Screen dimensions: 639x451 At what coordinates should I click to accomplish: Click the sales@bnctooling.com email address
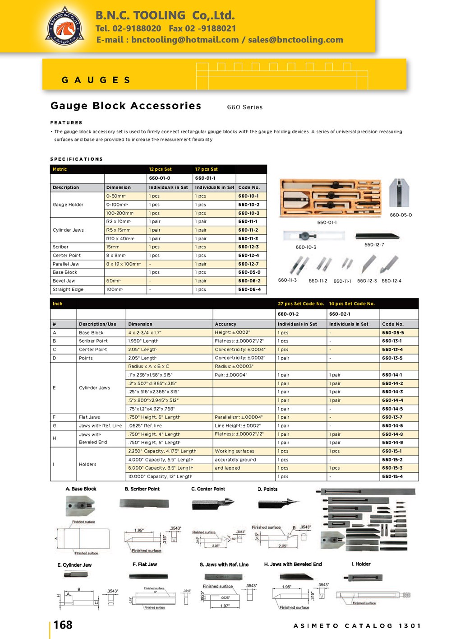tap(295, 40)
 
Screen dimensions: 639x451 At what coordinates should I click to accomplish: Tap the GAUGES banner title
tap(96, 80)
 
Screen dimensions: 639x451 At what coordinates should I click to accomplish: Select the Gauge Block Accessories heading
tap(126, 106)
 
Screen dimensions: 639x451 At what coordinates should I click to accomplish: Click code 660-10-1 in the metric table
tap(249, 196)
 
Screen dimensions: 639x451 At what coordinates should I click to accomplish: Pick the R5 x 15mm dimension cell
tap(118, 230)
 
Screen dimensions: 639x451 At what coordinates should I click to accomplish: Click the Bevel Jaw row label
tap(64, 281)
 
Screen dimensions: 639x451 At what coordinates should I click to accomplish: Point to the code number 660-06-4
tap(249, 289)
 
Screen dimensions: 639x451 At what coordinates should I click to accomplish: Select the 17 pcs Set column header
tap(206, 169)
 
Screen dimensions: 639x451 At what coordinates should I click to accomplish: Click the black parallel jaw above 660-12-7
tap(377, 236)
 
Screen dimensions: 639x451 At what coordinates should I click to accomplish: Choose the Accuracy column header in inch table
tap(225, 324)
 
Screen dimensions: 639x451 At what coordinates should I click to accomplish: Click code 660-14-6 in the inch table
tap(392, 426)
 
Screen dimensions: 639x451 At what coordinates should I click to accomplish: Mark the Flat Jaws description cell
tap(89, 417)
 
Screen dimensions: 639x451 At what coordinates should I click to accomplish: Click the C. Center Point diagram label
tap(208, 489)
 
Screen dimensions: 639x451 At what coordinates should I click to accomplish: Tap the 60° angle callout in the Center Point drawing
tap(234, 539)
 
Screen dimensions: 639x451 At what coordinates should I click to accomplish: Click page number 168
tap(63, 625)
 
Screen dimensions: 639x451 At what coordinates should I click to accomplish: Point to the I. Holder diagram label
tap(361, 564)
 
